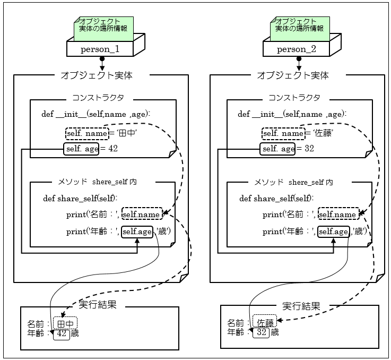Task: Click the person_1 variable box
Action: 99,49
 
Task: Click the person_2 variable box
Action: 297,49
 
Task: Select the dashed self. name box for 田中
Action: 87,133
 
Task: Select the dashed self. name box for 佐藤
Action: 283,133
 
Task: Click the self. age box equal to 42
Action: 81,149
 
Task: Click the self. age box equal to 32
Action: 278,149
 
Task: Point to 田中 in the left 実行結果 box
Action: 65,323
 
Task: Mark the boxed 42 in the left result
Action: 62,334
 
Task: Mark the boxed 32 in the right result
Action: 261,333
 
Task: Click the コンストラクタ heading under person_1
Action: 98,98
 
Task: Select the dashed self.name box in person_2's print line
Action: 337,215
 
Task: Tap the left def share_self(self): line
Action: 80,199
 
